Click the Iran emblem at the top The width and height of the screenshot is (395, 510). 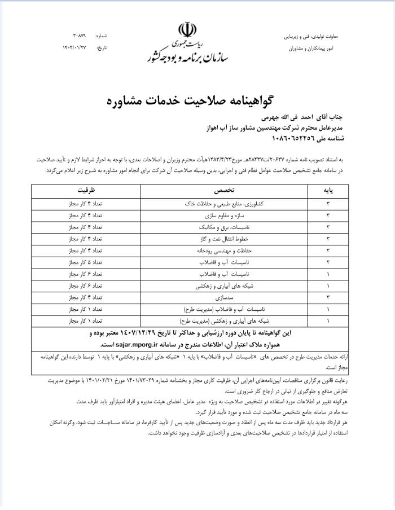pyautogui.click(x=187, y=30)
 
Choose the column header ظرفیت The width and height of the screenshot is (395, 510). pyautogui.click(x=75, y=191)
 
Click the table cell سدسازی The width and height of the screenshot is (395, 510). pyautogui.click(x=199, y=297)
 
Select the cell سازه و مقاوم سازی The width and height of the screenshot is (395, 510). pyautogui.click(x=199, y=216)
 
